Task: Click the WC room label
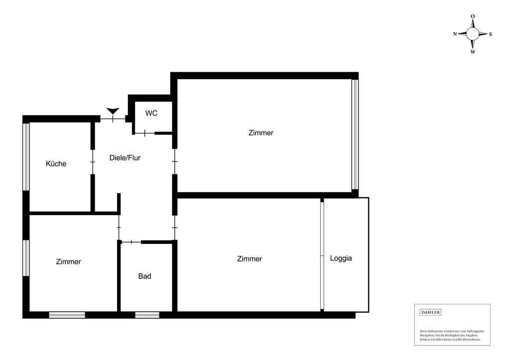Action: [151, 114]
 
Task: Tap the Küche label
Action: [56, 164]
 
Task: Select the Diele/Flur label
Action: [125, 158]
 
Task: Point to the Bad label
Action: [144, 276]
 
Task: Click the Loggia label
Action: [341, 258]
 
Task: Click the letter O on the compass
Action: [473, 16]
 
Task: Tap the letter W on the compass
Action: [473, 52]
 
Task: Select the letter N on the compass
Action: [455, 34]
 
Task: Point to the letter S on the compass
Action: [491, 34]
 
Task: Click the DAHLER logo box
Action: [431, 313]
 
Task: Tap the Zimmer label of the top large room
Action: [261, 133]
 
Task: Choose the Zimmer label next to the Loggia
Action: [250, 259]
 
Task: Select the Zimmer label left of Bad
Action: [68, 262]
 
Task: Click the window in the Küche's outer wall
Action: [26, 156]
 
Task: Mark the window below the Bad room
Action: [147, 315]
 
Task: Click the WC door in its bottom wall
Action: [144, 133]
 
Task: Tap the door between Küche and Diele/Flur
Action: [93, 162]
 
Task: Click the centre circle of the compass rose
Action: [473, 34]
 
